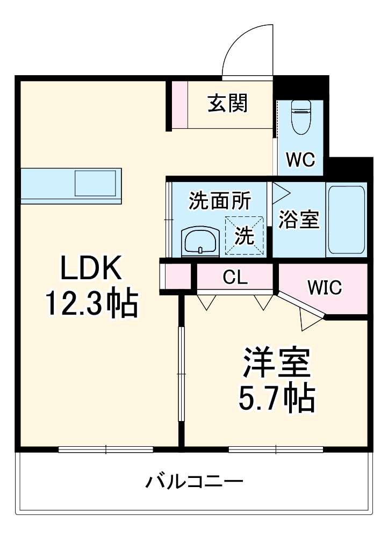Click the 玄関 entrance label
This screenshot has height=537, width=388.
pos(228,104)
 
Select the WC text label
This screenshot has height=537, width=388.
pos(299,159)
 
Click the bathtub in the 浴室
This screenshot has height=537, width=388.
pos(347,220)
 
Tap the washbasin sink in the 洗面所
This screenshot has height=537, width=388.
pos(200,240)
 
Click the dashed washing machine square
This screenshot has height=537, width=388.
pos(245,235)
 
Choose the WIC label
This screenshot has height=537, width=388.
pos(325,287)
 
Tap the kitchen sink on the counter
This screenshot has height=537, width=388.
pos(95,183)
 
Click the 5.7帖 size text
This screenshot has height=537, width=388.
pos(277,398)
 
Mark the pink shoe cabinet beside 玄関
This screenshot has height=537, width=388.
pos(180,104)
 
